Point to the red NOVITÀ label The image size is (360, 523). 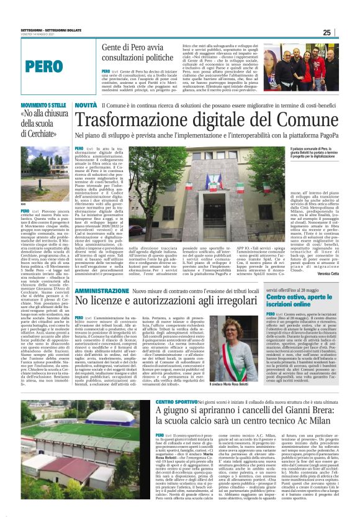pyautogui.click(x=86, y=106)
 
